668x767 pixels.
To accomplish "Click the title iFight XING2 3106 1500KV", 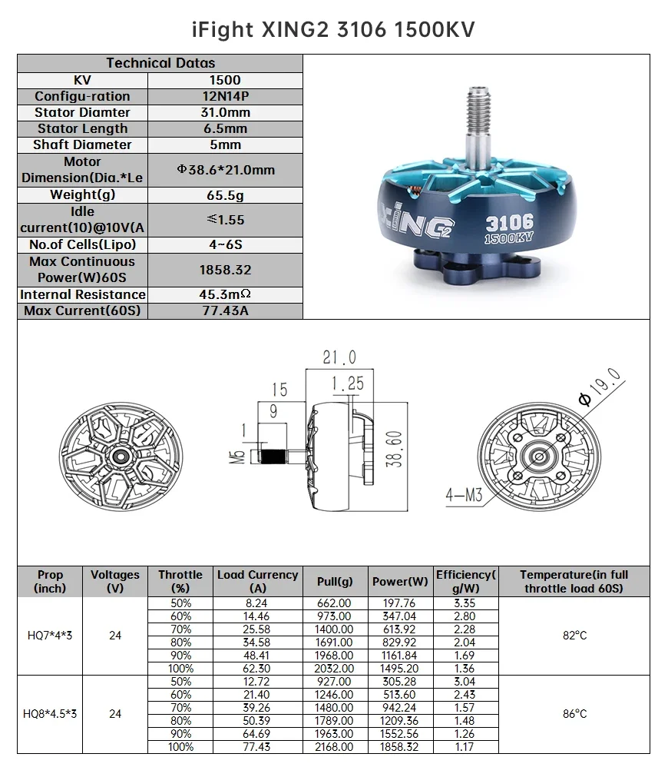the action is click(333, 29).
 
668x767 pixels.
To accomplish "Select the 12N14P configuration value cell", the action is click(225, 96).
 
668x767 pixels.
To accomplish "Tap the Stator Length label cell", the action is click(83, 128).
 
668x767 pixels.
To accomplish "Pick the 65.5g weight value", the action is click(225, 195).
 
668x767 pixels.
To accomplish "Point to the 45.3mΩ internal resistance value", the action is click(225, 294).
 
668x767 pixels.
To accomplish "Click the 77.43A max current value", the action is click(225, 310).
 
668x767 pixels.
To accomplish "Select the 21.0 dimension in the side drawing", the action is click(339, 357).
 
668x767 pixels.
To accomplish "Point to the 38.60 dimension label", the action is click(394, 449).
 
